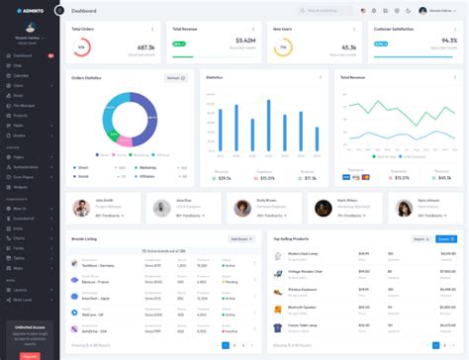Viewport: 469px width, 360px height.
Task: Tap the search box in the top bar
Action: tap(327, 10)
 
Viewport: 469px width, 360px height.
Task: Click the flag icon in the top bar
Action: tap(362, 10)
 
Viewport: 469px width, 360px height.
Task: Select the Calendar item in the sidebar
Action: tap(21, 75)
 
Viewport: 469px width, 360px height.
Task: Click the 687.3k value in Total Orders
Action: tap(145, 46)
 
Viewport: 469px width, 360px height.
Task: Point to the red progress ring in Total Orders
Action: tap(80, 47)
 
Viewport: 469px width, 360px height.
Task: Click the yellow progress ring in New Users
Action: tap(284, 47)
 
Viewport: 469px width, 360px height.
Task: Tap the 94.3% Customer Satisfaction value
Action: tap(448, 41)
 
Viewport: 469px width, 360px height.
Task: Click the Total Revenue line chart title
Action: tap(353, 76)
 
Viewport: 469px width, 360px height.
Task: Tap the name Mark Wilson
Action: tap(349, 200)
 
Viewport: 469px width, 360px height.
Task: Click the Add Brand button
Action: tap(239, 238)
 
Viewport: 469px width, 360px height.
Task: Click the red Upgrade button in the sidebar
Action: tap(30, 355)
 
